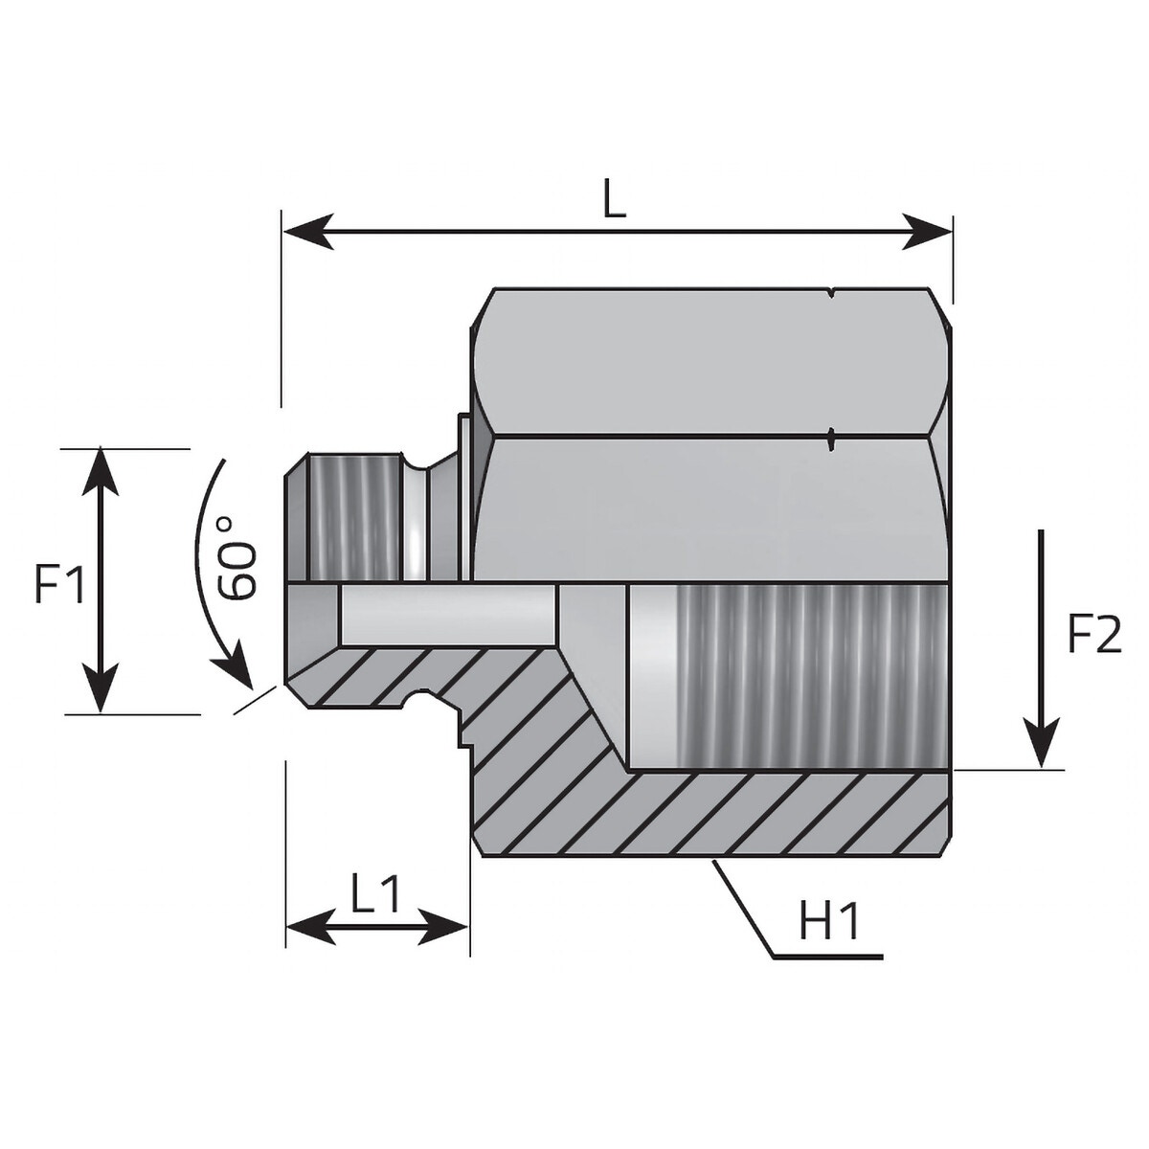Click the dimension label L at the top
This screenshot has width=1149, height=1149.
pos(614,198)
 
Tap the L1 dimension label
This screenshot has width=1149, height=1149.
pos(375,895)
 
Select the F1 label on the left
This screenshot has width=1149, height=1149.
pos(59,584)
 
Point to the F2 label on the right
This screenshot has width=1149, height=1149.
pos(1093,635)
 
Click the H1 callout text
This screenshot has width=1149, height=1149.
pos(830,924)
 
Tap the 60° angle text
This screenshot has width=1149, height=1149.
pos(237,557)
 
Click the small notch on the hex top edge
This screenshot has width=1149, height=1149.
pos(831,293)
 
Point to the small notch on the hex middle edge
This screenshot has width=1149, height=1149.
pos(831,439)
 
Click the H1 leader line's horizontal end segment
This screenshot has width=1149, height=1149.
pos(828,957)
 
